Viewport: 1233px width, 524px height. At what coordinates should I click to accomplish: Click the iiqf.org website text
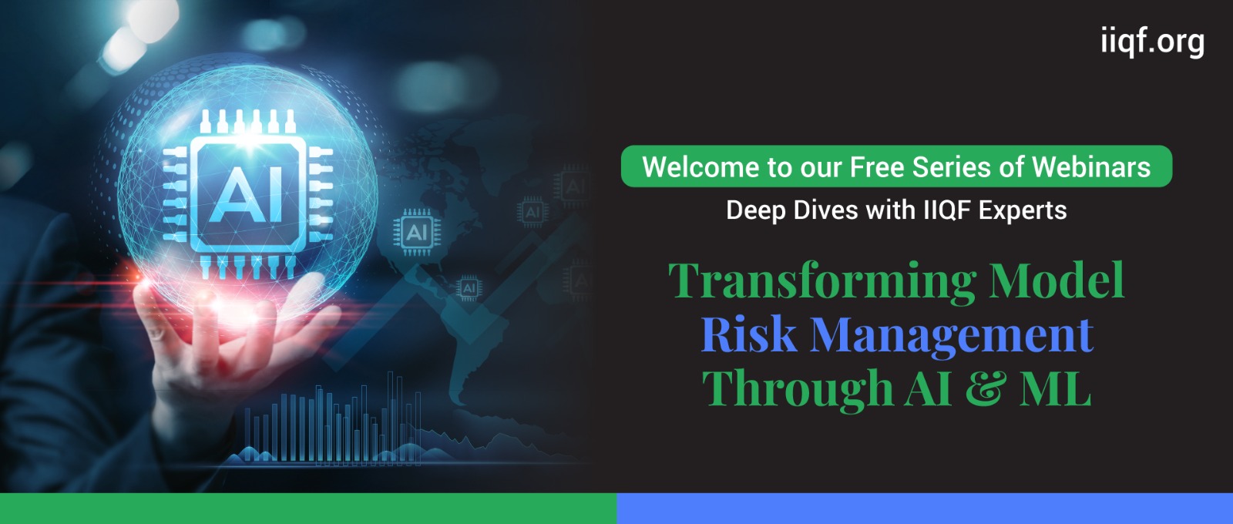(1153, 42)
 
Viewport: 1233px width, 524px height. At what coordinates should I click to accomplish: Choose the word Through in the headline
(798, 388)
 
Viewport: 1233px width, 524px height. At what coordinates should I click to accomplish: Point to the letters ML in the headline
(1055, 388)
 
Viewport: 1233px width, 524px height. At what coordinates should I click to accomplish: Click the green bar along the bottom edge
(308, 509)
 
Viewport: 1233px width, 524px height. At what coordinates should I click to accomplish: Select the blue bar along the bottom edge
(925, 509)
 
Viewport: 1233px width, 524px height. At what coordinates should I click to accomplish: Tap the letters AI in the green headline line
(929, 388)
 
